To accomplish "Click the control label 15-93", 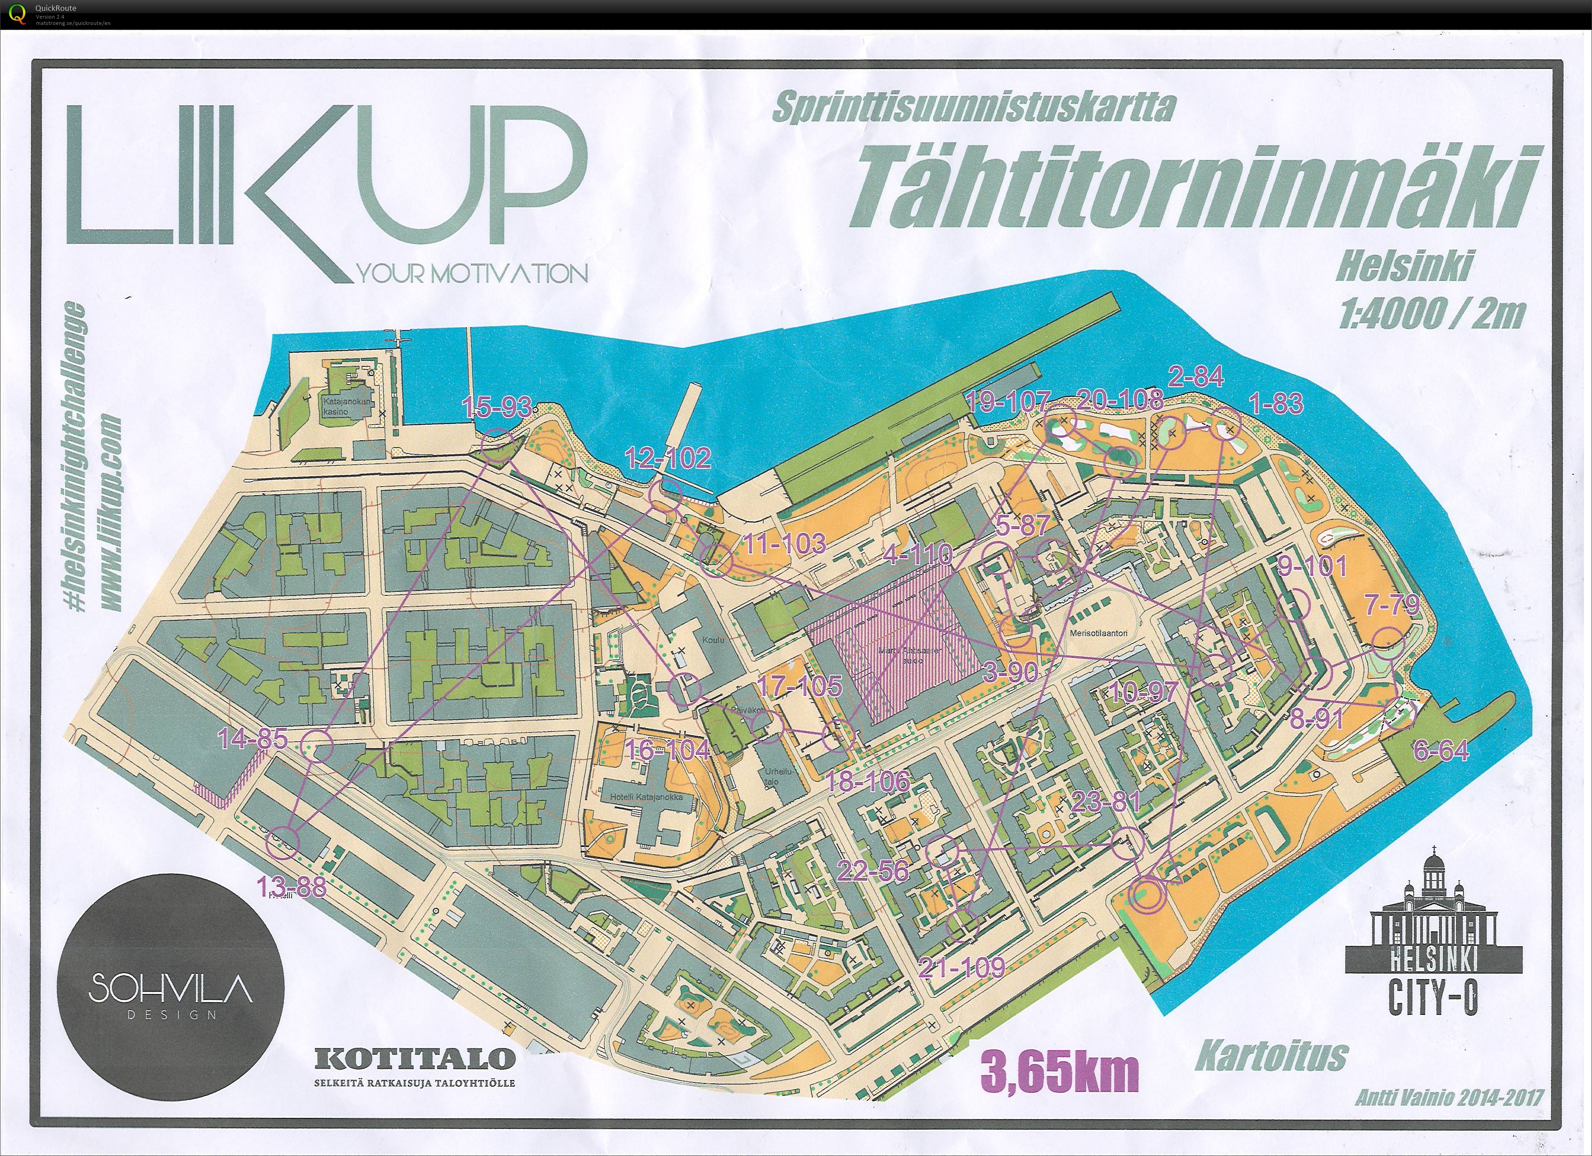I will click(496, 407).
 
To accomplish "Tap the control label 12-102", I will click(668, 458).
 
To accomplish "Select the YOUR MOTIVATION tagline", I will click(473, 274).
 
